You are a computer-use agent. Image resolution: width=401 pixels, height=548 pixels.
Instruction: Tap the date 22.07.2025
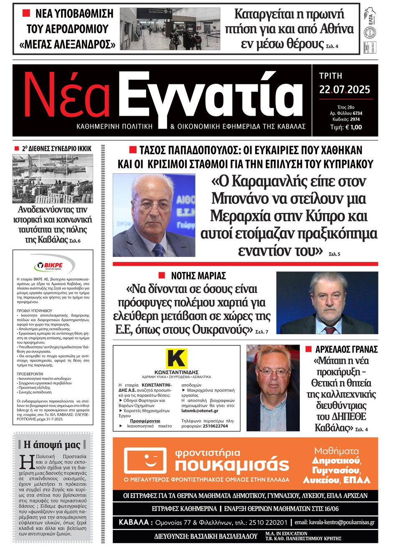point(345,89)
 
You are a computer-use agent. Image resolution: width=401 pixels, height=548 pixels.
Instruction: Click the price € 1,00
point(353,127)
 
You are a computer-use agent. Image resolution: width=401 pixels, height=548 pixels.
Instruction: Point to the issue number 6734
point(357,113)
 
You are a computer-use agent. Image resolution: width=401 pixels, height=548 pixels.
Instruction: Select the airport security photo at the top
point(170,28)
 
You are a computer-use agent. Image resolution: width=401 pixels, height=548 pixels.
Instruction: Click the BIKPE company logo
point(53,265)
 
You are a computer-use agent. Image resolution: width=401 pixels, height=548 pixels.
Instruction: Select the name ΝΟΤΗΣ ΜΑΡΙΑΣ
point(198,276)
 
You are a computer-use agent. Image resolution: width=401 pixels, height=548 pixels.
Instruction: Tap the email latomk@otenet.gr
point(200,411)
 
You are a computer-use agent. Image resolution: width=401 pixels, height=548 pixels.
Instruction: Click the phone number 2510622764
point(215,426)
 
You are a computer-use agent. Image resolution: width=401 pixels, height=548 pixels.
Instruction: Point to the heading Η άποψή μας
point(52,444)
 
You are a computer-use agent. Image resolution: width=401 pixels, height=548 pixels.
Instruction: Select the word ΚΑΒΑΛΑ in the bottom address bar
point(133,522)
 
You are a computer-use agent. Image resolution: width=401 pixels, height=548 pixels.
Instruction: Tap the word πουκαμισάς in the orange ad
point(232,465)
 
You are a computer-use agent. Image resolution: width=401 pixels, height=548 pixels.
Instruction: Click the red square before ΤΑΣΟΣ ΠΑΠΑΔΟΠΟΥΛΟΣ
point(133,150)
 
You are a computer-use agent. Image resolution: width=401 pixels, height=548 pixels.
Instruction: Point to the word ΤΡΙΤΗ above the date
point(330,76)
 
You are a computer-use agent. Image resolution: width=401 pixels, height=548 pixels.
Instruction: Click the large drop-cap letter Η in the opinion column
point(27,462)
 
